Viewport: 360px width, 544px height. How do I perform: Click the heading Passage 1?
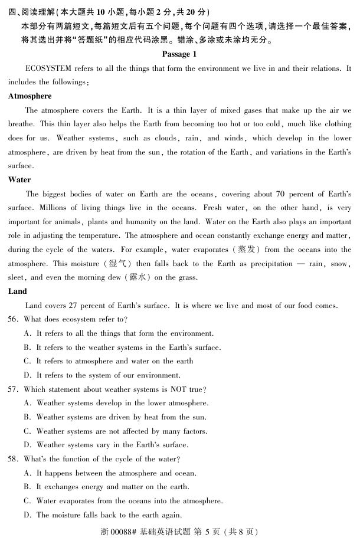click(x=179, y=54)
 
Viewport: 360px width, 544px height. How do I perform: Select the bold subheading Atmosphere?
click(x=30, y=96)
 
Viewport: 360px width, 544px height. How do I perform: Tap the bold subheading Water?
click(x=19, y=179)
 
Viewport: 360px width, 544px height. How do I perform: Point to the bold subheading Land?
click(x=18, y=291)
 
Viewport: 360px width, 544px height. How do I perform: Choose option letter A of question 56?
click(x=27, y=333)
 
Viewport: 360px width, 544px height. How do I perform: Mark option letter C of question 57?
click(x=27, y=431)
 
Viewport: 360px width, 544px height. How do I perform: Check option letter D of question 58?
click(x=27, y=515)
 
